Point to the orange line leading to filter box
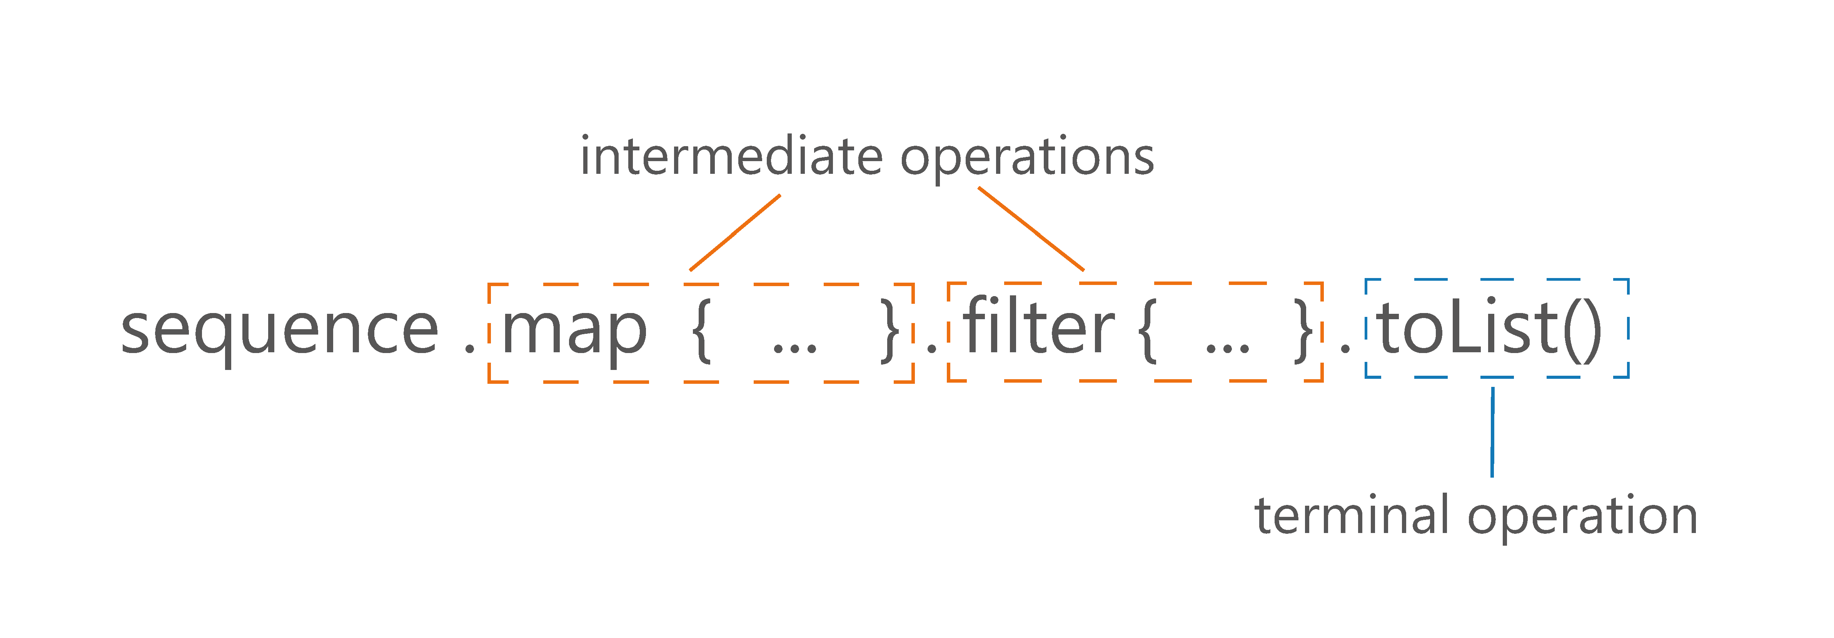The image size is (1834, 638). tap(1031, 228)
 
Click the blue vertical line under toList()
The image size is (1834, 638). tap(1492, 432)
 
